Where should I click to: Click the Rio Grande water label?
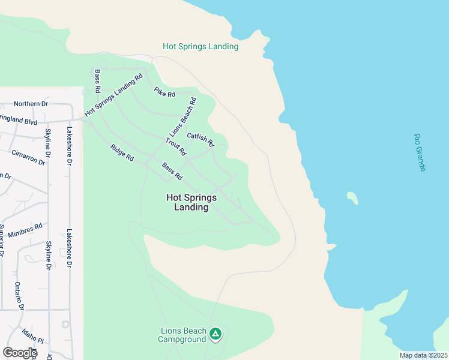420,152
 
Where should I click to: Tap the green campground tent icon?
215,334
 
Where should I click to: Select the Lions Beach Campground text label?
182,335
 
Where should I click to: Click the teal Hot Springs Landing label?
200,46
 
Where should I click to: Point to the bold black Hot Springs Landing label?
191,202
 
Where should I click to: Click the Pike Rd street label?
164,92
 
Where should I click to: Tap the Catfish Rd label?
200,139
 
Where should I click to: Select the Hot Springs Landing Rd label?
114,94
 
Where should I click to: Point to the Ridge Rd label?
122,152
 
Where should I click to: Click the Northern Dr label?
31,104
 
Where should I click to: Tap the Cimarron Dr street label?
28,157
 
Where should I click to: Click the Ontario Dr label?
19,296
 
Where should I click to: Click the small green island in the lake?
352,197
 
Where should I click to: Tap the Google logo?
19,353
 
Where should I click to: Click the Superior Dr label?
2,240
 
